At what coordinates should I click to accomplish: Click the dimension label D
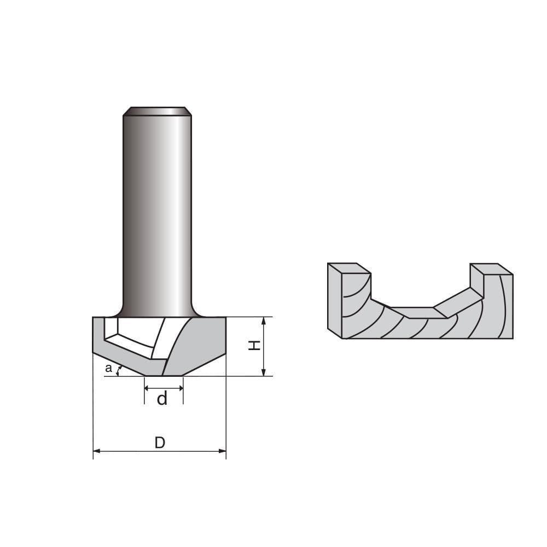[x=160, y=443]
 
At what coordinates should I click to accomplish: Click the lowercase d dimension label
[x=162, y=399]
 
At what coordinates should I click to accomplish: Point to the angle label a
[x=108, y=369]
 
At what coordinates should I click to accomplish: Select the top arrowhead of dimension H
[x=264, y=321]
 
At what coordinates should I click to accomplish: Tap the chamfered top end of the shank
[x=157, y=111]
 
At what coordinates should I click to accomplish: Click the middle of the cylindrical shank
[x=157, y=213]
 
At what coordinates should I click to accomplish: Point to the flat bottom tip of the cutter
[x=164, y=375]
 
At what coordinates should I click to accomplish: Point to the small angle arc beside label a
[x=119, y=371]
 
